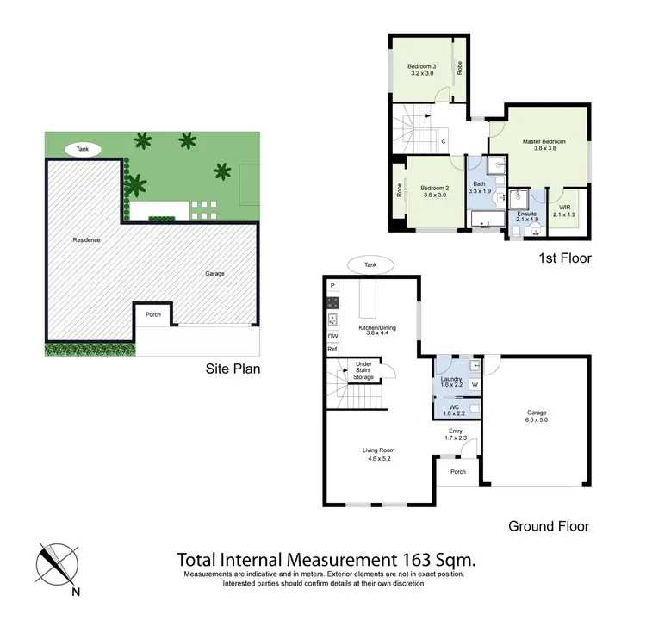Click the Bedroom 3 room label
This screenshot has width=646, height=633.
422,67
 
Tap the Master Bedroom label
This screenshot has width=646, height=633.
544,141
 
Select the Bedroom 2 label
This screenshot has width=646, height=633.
435,188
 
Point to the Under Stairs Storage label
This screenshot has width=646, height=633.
364,370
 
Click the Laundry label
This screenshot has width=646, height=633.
451,379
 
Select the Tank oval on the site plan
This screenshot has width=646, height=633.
81,149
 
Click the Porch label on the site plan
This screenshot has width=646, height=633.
152,314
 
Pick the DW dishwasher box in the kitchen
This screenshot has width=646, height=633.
332,336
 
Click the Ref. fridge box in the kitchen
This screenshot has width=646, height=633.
332,350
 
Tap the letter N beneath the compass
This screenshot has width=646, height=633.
77,592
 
